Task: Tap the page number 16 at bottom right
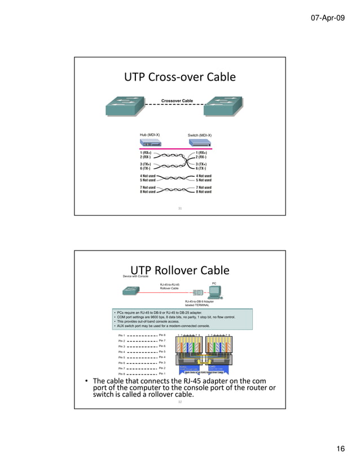point(340,449)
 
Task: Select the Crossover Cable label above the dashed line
point(177,101)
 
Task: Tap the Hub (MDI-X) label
point(150,135)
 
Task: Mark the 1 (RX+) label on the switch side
point(204,152)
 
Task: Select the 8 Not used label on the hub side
point(148,192)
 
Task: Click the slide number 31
point(180,209)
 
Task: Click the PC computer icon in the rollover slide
point(214,291)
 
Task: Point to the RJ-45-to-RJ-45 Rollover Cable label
point(170,287)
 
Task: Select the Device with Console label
point(137,276)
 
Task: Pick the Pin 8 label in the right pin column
point(163,335)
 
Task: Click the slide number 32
point(180,402)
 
